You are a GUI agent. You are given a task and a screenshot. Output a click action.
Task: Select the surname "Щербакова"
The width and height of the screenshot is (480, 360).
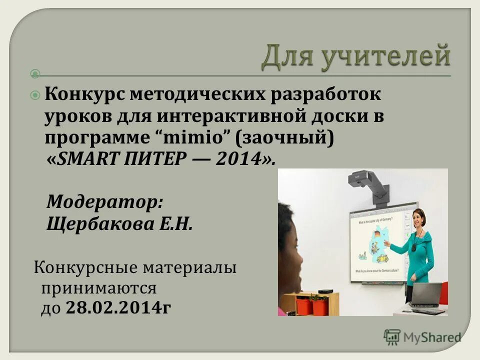(x=95, y=224)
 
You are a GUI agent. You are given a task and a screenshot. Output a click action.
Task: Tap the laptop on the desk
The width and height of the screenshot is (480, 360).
(x=426, y=296)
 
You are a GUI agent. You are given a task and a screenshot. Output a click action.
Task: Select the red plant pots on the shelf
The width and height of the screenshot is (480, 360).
(x=312, y=305)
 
